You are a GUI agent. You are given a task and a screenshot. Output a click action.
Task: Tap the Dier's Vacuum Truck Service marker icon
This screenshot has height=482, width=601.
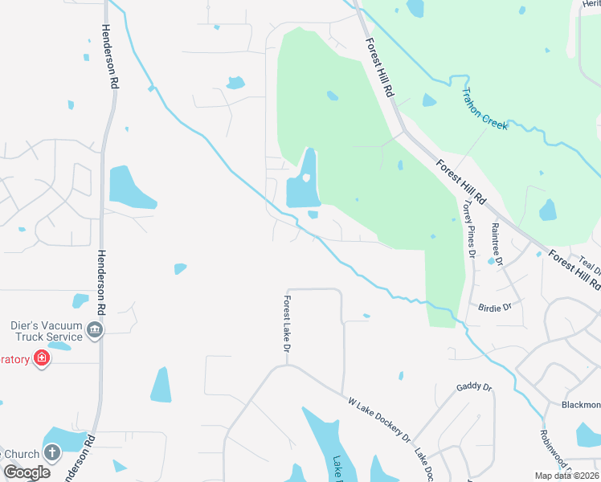click(95, 331)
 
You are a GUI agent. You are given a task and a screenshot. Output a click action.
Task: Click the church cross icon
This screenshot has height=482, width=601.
click(52, 452)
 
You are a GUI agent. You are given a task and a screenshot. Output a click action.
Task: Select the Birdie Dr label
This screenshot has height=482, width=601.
click(495, 308)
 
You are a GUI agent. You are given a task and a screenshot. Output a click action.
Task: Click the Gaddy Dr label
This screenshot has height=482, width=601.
click(473, 387)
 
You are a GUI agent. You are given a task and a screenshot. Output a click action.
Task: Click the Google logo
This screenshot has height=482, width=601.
click(27, 472)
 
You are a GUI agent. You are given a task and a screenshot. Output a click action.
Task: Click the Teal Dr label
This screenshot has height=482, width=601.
click(590, 265)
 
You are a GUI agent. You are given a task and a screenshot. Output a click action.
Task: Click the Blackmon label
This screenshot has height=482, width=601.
click(581, 405)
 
